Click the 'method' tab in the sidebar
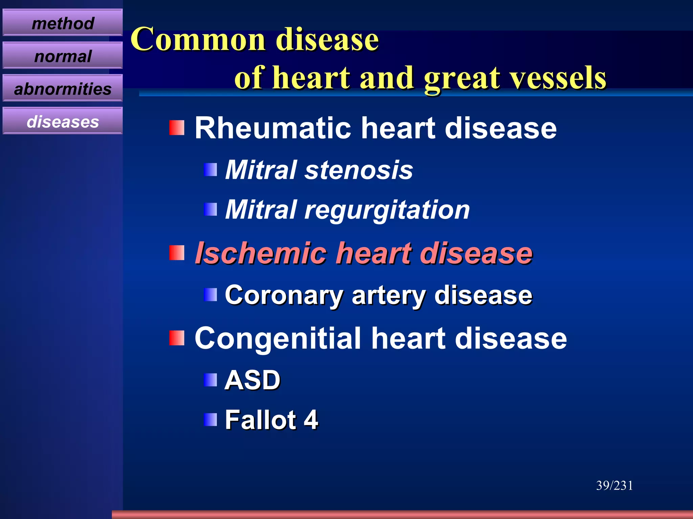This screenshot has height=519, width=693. (x=63, y=23)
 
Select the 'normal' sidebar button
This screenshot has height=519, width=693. (x=63, y=56)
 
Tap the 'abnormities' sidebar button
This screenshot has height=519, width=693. (x=63, y=89)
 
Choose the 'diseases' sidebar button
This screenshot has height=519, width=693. (x=63, y=121)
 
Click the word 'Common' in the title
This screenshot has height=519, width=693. (x=198, y=40)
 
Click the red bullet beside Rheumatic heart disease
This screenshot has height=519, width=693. (x=177, y=128)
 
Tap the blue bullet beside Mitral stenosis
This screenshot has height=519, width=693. (x=210, y=170)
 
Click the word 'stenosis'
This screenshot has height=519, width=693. (x=359, y=170)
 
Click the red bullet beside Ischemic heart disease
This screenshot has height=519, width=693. (x=177, y=253)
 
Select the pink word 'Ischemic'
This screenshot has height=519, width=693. (x=261, y=253)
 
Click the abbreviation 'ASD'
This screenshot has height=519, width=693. (x=252, y=380)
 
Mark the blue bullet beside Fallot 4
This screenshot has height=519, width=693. (x=210, y=420)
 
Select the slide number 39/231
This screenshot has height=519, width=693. (x=614, y=486)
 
